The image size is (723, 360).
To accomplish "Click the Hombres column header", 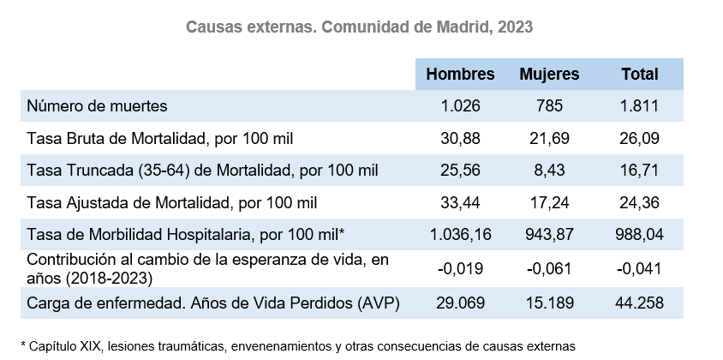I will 460,75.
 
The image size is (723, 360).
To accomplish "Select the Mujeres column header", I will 549,75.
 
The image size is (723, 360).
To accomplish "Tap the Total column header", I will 640,75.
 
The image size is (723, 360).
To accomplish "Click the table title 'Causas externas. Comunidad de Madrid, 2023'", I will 360,27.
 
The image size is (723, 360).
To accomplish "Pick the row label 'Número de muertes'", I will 96,106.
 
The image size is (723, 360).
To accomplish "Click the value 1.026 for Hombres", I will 460,106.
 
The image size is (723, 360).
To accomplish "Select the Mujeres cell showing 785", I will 549,106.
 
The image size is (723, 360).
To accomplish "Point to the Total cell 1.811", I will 640,106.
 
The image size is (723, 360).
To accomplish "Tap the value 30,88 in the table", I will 460,138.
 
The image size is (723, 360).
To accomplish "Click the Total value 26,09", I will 640,138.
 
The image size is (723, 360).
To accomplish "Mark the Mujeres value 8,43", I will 549,171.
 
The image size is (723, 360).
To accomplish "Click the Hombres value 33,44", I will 460,203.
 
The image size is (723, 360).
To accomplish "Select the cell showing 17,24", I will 549,203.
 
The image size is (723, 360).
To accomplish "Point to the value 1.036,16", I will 460,235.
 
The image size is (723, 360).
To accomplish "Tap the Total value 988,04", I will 640,235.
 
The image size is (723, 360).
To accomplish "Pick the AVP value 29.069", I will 460,303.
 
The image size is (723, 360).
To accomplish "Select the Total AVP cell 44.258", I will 640,303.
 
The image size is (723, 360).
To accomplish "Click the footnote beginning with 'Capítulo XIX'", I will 298,345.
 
